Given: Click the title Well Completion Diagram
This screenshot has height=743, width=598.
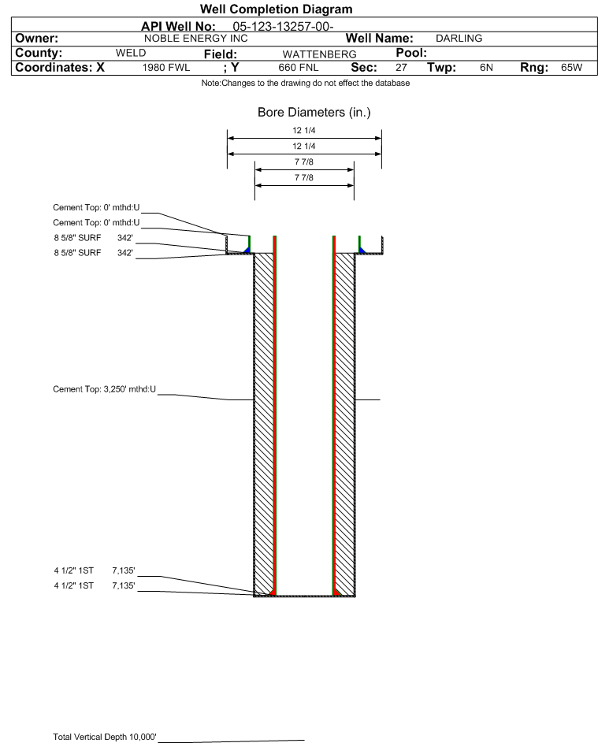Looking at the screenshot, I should point(277,9).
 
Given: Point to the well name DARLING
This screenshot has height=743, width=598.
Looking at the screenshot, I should point(459,38).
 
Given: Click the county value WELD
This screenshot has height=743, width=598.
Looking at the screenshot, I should point(131,53).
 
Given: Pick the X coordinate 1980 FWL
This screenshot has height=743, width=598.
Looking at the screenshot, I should point(166,68).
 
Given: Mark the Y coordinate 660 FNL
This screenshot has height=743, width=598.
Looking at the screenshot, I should point(299,68).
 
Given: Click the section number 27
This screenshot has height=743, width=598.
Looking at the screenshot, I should point(401,68).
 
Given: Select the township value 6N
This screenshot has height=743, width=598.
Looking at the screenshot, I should point(486,68).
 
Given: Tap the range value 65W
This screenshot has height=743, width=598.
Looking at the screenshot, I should point(571,68).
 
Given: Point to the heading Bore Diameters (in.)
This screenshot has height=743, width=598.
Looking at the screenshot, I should point(314,113).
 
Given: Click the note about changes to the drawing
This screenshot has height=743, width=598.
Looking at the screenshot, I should point(305,83).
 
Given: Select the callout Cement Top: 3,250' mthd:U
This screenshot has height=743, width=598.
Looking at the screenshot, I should point(104,388).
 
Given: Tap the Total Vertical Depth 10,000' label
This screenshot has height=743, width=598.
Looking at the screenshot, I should point(105,737).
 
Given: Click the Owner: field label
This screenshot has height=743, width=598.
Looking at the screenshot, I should point(36,38).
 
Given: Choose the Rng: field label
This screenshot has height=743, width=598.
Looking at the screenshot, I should point(535,68).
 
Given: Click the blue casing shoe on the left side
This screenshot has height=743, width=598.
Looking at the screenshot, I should point(246,248).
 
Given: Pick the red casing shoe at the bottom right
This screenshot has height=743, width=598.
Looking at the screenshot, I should point(336,591).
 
